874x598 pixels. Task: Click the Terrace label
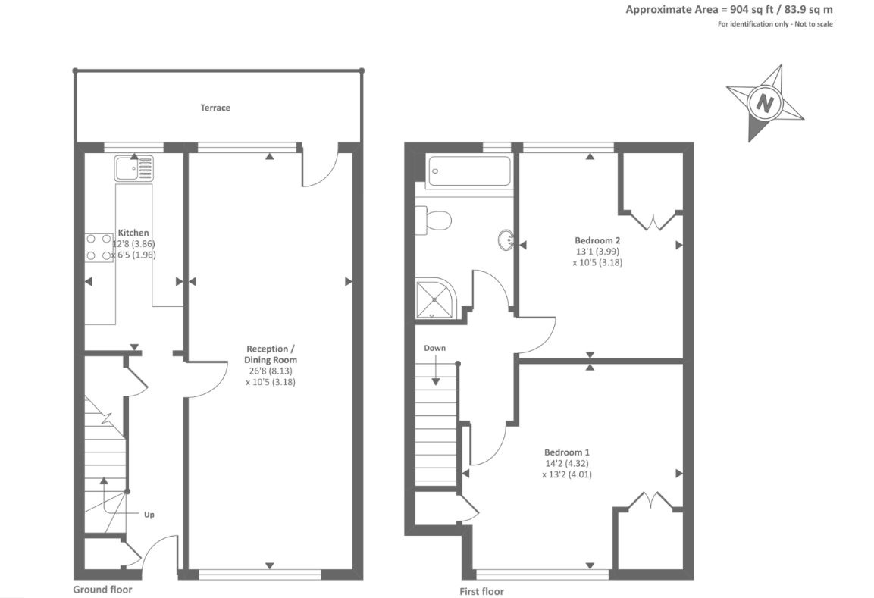pyautogui.click(x=215, y=108)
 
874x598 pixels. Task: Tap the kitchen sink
pyautogui.click(x=133, y=168)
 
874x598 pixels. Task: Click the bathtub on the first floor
pyautogui.click(x=468, y=171)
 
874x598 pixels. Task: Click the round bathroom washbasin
pyautogui.click(x=506, y=240)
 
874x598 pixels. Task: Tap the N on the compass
pyautogui.click(x=766, y=103)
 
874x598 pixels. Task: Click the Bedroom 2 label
pyautogui.click(x=597, y=240)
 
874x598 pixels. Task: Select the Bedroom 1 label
pyautogui.click(x=567, y=452)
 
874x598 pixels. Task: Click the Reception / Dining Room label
pyautogui.click(x=271, y=355)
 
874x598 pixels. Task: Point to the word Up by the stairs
pyautogui.click(x=149, y=515)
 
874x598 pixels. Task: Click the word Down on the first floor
pyautogui.click(x=435, y=348)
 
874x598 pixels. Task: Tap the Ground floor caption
pyautogui.click(x=102, y=589)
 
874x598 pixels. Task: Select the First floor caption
pyautogui.click(x=481, y=591)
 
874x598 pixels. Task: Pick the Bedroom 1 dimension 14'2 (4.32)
pyautogui.click(x=567, y=463)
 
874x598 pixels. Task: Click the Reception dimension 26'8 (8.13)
pyautogui.click(x=271, y=371)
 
